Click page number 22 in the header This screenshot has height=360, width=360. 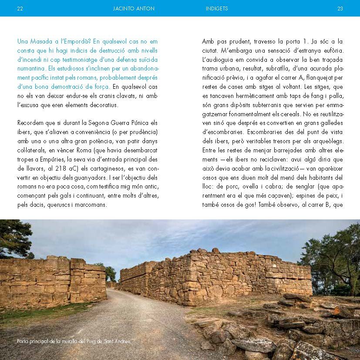tap(20, 8)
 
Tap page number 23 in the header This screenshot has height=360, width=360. tap(340, 8)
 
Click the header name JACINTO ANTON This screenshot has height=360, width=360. tap(134, 8)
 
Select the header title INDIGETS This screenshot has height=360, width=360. tap(217, 8)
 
